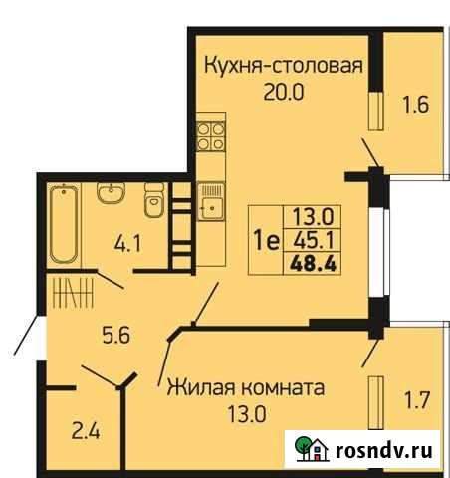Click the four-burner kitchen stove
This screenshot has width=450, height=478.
click(x=209, y=136)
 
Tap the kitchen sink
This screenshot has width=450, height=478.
click(x=211, y=207)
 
